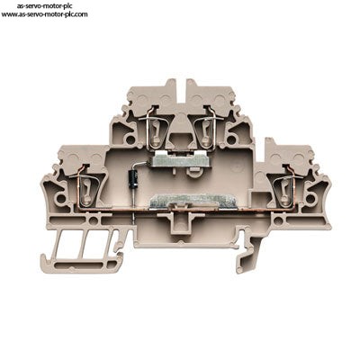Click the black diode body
(x=133, y=179)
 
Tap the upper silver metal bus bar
(x=175, y=160)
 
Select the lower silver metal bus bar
(x=193, y=202)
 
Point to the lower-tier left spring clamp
(x=86, y=190)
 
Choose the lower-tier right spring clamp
(x=283, y=190)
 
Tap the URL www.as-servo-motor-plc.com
(x=45, y=13)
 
